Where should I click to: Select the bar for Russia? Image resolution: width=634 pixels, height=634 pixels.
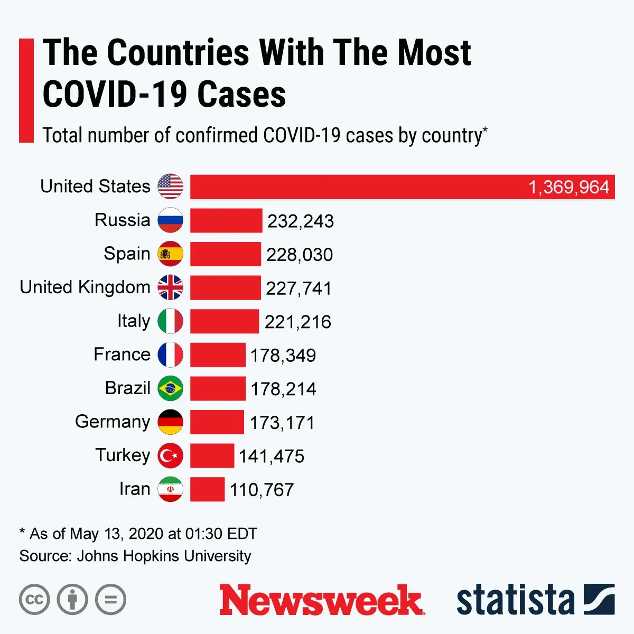(x=226, y=221)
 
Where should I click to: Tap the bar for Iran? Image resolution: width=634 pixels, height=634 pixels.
(x=207, y=489)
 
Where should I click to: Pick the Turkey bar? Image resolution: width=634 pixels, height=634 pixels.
(x=212, y=456)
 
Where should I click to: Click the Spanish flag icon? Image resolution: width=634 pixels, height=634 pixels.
(x=171, y=254)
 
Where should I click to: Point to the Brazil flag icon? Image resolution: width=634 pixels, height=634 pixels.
(x=171, y=389)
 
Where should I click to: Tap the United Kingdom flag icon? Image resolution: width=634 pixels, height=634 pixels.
(x=171, y=288)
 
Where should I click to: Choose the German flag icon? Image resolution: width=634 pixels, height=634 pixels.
(x=171, y=422)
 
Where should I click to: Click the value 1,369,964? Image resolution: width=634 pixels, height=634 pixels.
(x=568, y=188)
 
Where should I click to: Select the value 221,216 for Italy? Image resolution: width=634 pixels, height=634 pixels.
(x=297, y=322)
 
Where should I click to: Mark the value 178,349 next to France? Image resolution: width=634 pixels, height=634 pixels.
(x=283, y=356)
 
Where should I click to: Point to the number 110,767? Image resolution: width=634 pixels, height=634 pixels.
(x=262, y=490)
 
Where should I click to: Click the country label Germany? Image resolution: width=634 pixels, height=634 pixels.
(x=113, y=422)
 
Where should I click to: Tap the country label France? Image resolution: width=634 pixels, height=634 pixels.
(x=122, y=355)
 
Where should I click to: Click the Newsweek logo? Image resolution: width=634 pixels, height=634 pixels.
(x=321, y=600)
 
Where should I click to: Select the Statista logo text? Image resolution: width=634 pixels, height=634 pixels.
(x=515, y=600)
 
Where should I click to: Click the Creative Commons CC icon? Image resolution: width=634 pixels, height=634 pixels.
(x=34, y=600)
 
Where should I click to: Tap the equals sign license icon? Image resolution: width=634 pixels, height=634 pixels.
(x=111, y=600)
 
